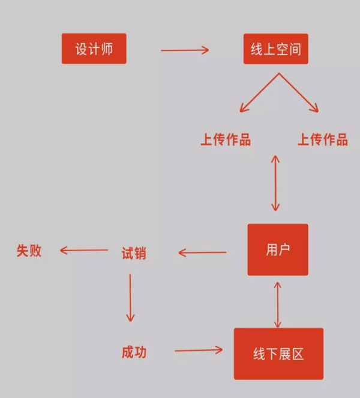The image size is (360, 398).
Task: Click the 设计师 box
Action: coord(94,49)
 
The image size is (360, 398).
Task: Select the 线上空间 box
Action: coord(275,49)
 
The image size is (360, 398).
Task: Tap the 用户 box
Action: coord(278,250)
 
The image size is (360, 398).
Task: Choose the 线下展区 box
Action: coord(278,354)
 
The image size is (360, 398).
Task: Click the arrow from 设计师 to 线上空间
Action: coord(185,50)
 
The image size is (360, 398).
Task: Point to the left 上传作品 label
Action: coord(226,140)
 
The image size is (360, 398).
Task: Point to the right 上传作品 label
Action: coord(323,140)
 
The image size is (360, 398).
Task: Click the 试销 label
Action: coord(134,253)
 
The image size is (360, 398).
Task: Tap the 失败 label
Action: coord(29,250)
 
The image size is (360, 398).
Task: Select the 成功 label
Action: coord(133,352)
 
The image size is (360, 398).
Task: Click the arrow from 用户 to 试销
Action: coord(203,253)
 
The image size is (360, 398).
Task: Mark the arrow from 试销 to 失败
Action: coord(84,250)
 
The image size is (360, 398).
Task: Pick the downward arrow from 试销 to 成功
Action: coord(130,298)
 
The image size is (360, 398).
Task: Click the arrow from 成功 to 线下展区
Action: coord(197,350)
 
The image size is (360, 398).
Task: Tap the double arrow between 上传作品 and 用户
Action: coord(275,183)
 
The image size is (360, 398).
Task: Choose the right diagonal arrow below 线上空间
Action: coord(298,93)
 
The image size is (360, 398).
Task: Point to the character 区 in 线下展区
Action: coord(298,354)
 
